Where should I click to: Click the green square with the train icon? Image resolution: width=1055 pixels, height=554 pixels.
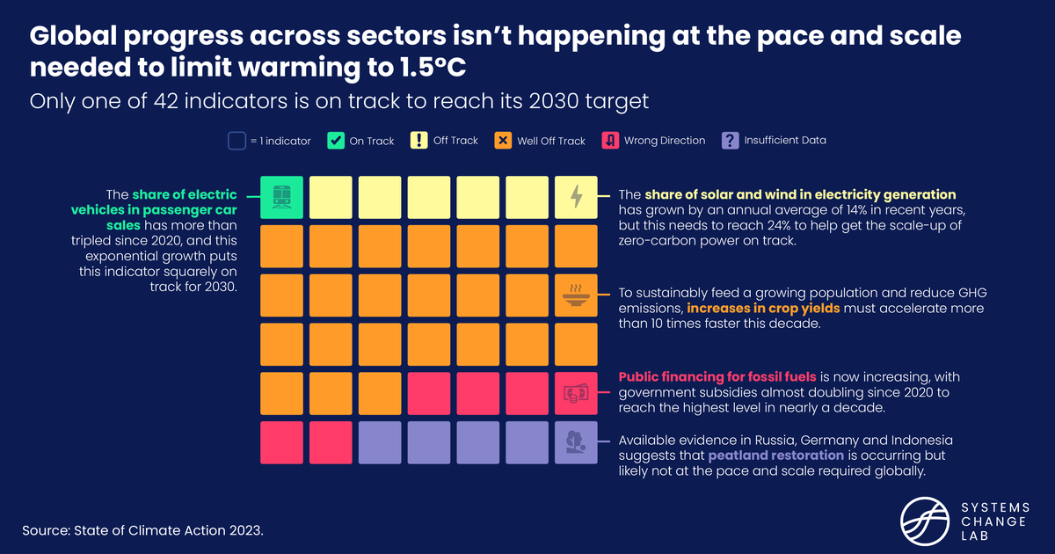coord(282,197)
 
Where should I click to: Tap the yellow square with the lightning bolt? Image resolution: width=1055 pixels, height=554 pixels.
coord(576,197)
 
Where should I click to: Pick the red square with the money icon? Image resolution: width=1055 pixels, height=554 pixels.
coord(576,393)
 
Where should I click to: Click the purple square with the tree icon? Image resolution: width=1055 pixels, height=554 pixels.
coord(576,442)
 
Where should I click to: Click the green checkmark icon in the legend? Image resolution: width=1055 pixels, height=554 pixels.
coord(335,140)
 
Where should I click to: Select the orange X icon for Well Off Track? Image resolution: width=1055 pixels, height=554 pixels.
coord(502,140)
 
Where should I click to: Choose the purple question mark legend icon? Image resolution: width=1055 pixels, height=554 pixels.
coord(729,140)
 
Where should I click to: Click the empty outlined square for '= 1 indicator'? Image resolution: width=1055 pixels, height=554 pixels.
coord(236,140)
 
